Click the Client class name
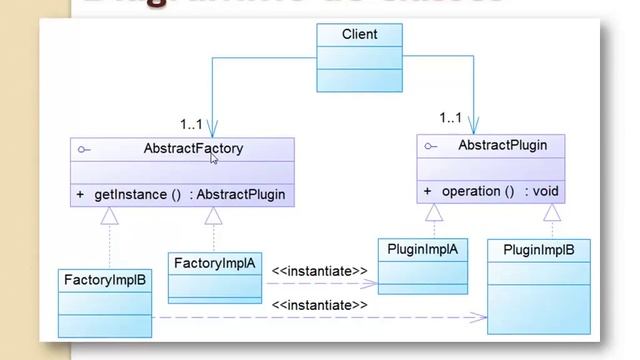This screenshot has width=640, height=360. (x=359, y=34)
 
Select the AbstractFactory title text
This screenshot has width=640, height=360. (x=193, y=149)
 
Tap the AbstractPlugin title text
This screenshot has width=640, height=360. (x=502, y=146)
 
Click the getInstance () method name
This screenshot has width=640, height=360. (x=137, y=194)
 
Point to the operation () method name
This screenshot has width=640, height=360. (x=478, y=191)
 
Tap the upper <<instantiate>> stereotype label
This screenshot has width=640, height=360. (x=319, y=270)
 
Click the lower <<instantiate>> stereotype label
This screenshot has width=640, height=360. (x=319, y=304)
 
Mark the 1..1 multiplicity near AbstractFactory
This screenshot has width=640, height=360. (x=191, y=125)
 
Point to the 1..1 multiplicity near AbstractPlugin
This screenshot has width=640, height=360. (x=450, y=119)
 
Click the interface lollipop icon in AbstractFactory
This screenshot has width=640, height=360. (x=83, y=150)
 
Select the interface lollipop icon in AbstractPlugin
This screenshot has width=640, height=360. (x=430, y=146)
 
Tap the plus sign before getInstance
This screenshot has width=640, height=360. (x=79, y=194)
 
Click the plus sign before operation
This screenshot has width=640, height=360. (x=427, y=191)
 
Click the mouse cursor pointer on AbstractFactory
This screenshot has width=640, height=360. (x=214, y=158)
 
